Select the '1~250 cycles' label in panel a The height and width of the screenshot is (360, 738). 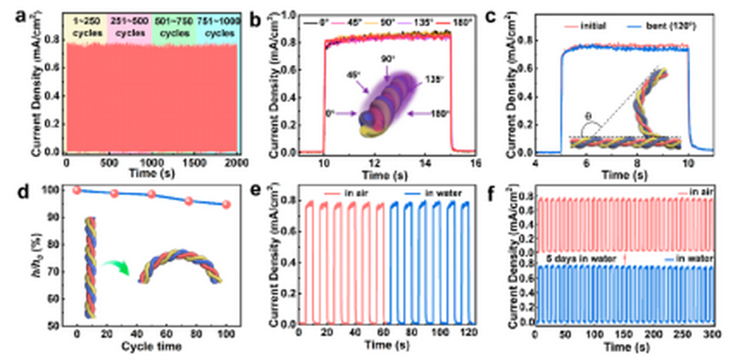[x=86, y=24]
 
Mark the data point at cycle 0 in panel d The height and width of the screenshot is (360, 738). [x=77, y=190]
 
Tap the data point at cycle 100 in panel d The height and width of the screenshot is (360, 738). [x=226, y=204]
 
